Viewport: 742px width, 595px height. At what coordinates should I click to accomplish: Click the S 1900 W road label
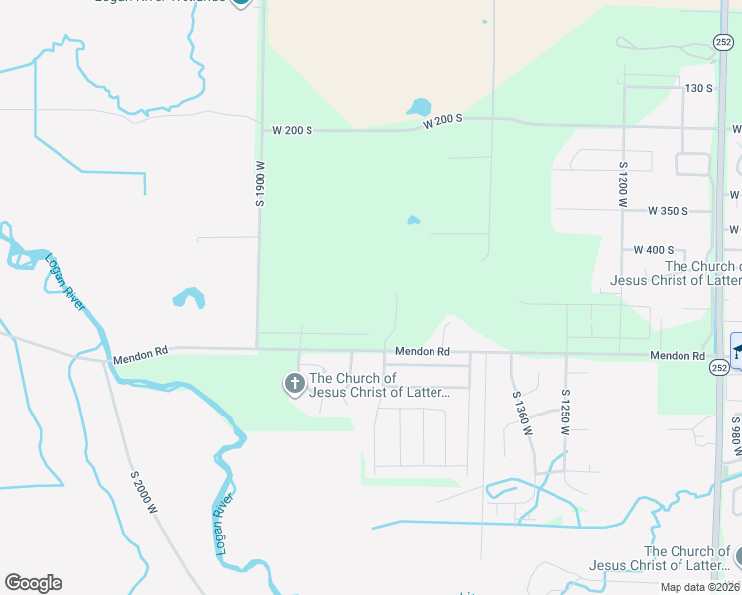[259, 183]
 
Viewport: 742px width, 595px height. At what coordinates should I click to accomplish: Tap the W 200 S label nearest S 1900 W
[294, 130]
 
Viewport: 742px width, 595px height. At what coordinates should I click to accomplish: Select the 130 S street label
[699, 89]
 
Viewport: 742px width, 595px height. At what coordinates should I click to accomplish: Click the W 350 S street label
[668, 211]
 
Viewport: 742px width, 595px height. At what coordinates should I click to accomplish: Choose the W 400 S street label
[654, 250]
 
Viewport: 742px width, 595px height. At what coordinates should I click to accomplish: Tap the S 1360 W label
[517, 415]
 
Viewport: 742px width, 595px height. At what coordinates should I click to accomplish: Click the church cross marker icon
[294, 383]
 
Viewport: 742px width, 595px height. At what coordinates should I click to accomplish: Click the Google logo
[33, 583]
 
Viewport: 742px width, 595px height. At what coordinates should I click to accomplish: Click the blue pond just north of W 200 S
[419, 106]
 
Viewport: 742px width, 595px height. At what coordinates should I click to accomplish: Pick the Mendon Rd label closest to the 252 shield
[678, 356]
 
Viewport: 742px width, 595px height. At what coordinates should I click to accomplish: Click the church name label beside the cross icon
[380, 385]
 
